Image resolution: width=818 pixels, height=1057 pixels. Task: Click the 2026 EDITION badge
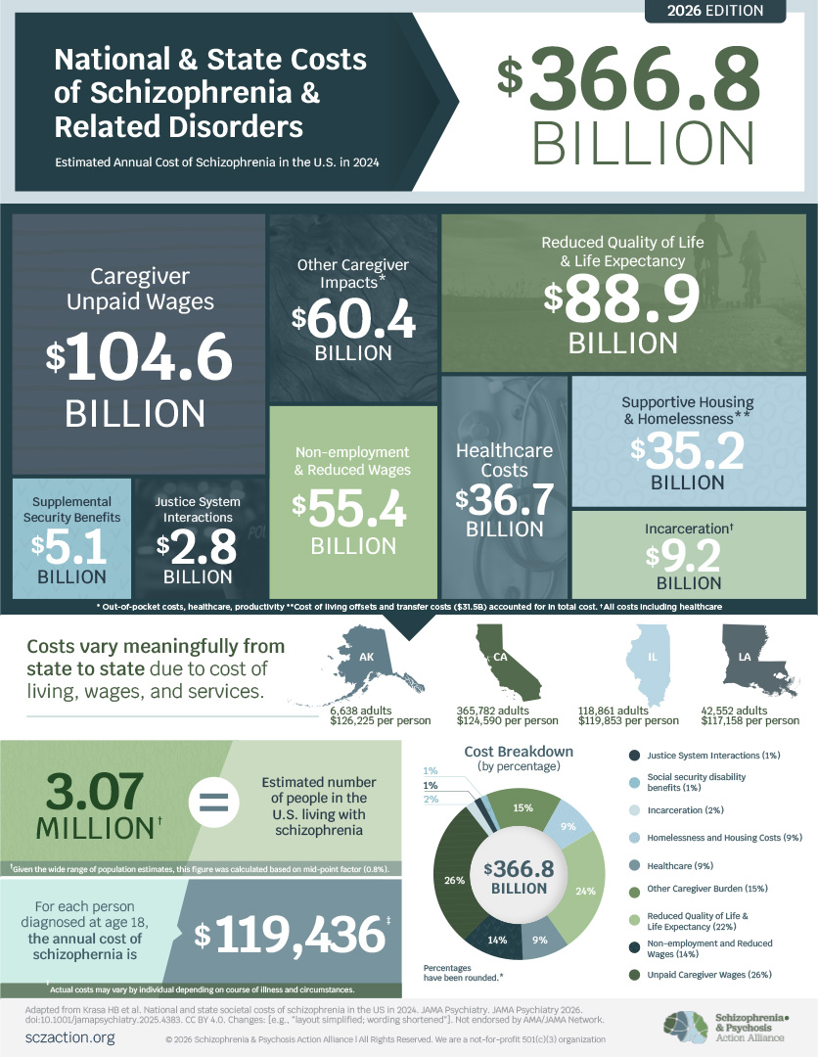(x=714, y=12)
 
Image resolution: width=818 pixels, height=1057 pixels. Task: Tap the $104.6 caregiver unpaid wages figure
(x=139, y=356)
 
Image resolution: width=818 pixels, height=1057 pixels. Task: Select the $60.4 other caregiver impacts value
(x=353, y=321)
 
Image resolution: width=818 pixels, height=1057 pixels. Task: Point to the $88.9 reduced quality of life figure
(x=622, y=299)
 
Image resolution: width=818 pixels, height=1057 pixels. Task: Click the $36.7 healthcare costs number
(x=504, y=499)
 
